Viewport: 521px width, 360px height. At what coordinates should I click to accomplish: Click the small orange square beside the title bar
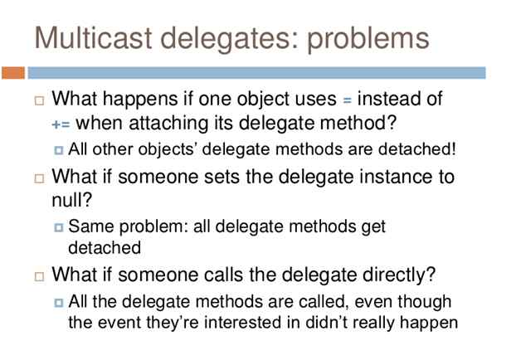click(13, 74)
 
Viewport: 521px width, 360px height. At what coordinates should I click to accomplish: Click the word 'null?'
click(69, 199)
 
